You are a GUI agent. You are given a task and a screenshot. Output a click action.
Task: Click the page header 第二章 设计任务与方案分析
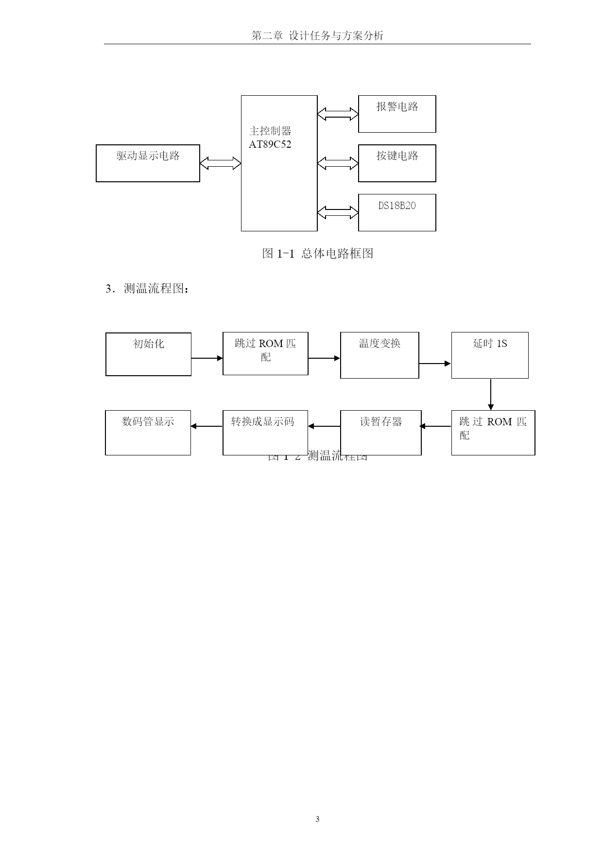click(317, 36)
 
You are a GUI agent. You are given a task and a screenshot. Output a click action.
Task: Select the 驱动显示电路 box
click(148, 163)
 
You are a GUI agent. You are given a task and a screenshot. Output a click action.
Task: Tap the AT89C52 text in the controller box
click(270, 144)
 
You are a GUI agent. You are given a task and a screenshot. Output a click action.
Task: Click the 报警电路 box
click(397, 114)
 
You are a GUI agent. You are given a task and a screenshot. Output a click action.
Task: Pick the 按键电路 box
click(397, 163)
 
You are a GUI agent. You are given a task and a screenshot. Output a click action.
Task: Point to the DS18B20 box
click(397, 212)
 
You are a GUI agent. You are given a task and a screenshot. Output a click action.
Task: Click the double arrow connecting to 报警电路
click(338, 114)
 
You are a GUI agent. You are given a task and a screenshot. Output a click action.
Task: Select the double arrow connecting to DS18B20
click(338, 212)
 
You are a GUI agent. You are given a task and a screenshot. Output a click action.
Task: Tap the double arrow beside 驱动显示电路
click(220, 163)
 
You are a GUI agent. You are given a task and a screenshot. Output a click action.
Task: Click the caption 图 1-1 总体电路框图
click(317, 253)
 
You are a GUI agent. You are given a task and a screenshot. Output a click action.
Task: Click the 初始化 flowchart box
click(148, 354)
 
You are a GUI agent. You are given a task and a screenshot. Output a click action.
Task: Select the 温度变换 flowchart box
click(379, 355)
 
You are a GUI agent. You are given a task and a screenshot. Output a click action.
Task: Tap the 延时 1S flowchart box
click(490, 355)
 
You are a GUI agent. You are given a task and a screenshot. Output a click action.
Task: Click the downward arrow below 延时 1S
click(491, 394)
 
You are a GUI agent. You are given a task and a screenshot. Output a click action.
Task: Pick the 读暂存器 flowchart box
click(380, 433)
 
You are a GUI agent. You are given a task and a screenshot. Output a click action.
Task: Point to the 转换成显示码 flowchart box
click(265, 433)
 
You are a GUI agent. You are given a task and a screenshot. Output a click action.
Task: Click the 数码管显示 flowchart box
click(148, 433)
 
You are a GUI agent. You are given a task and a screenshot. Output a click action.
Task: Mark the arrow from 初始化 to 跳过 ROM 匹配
click(207, 358)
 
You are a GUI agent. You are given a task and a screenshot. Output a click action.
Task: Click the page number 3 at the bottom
click(317, 819)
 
